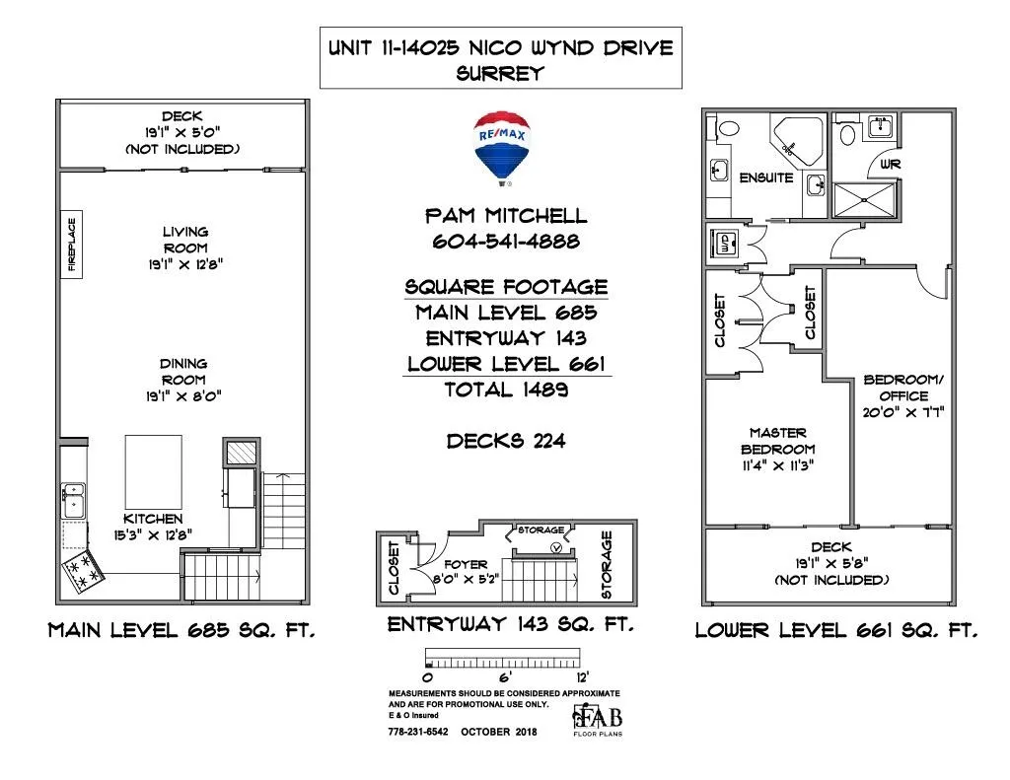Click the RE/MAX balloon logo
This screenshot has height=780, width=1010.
[x=502, y=148]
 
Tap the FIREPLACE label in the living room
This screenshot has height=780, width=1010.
[x=71, y=245]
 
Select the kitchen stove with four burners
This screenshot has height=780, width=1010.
[x=83, y=571]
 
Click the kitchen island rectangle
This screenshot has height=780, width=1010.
[x=153, y=472]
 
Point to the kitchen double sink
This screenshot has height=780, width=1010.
[x=73, y=501]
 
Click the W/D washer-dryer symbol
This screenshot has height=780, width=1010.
[x=725, y=244]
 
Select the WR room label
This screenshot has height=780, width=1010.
[x=891, y=165]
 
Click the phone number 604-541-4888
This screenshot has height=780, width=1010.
[x=506, y=241]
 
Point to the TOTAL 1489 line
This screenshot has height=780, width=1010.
[x=506, y=390]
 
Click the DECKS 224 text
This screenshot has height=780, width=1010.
[x=506, y=441]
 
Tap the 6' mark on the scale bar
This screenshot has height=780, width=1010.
[x=505, y=676]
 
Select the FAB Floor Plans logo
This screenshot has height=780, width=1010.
[x=598, y=720]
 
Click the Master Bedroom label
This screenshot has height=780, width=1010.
[x=778, y=449]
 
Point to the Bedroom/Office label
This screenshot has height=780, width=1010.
[x=903, y=396]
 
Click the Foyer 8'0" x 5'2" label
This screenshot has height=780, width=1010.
[x=466, y=571]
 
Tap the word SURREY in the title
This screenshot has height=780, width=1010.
[x=500, y=73]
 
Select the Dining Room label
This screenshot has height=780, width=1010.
[x=183, y=380]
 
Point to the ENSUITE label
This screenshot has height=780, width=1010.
[x=765, y=177]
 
